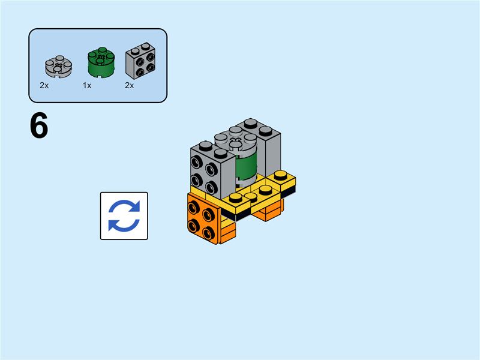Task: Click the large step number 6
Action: click(39, 127)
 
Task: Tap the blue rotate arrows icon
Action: click(124, 216)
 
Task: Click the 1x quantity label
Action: click(87, 86)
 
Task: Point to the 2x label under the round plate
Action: click(44, 86)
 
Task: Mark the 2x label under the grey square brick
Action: click(130, 86)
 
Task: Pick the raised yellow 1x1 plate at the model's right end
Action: click(281, 178)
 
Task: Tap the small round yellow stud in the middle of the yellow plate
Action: click(251, 196)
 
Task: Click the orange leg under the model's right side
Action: click(268, 209)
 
